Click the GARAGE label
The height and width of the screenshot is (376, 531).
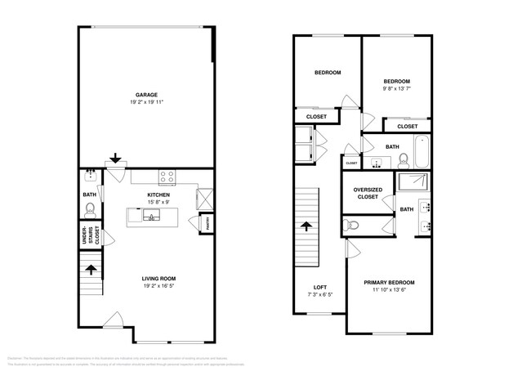click(146, 94)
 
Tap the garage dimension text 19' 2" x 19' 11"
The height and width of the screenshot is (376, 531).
click(146, 102)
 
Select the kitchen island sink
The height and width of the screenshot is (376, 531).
click(151, 216)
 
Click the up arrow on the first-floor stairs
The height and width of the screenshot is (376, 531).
click(90, 266)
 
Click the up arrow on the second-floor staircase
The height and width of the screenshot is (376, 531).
click(307, 226)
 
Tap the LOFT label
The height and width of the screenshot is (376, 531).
click(319, 286)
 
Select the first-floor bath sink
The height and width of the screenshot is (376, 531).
click(90, 175)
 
